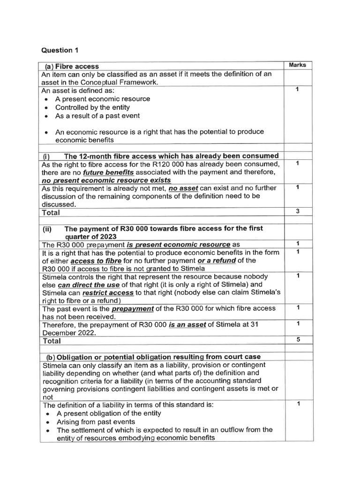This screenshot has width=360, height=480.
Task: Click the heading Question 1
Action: coord(57,50)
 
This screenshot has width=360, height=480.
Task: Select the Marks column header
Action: coord(298,65)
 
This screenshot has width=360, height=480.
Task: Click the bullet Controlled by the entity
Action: coord(92,107)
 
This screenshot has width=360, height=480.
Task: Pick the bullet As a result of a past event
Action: coord(97,116)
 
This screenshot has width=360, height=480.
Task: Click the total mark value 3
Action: coord(298,211)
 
